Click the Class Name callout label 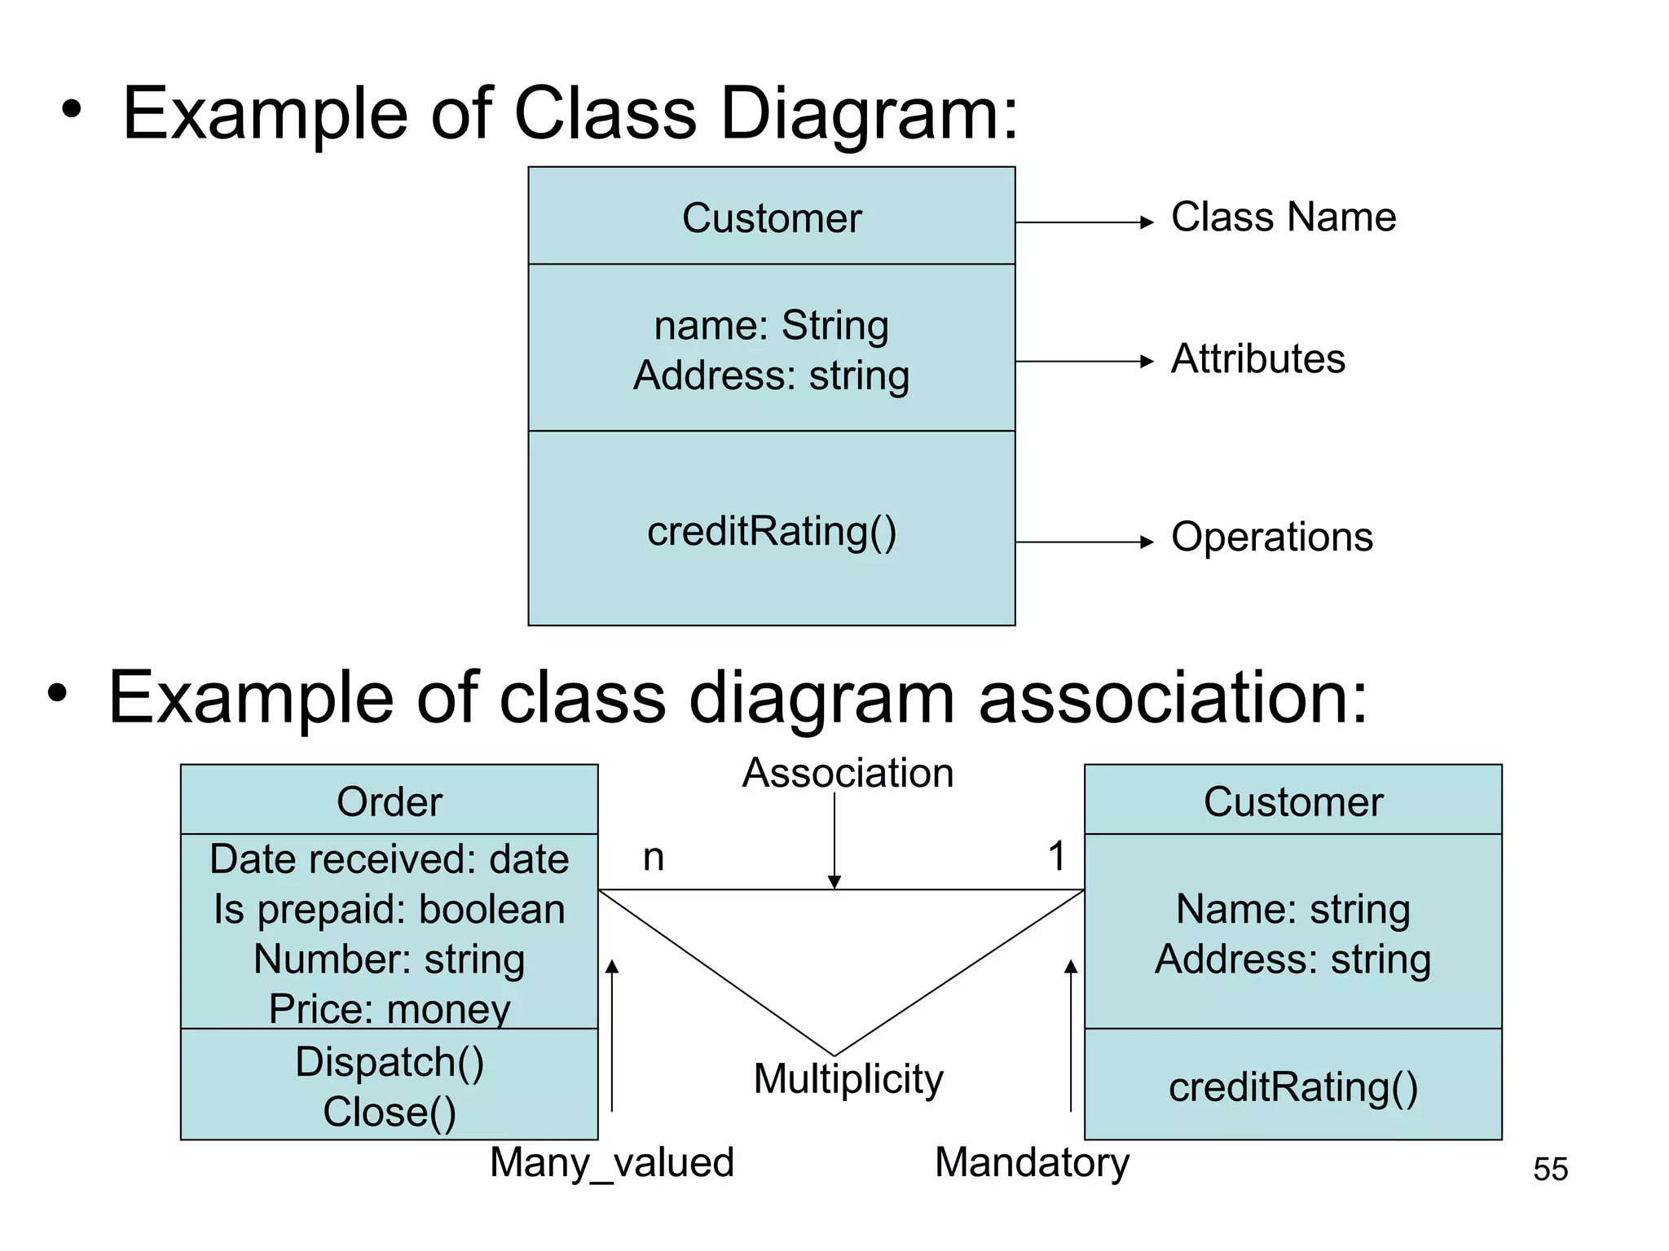click(1283, 217)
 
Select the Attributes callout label click(1257, 359)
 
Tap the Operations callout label click(1271, 538)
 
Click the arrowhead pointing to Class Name click(1147, 222)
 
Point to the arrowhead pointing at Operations click(1147, 542)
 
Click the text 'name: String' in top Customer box click(771, 326)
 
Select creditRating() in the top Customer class click(771, 532)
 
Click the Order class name click(389, 802)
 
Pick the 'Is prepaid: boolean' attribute click(389, 910)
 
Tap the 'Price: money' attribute click(389, 1009)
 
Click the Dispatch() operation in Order click(389, 1062)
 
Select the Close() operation click(389, 1113)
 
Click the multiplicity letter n click(654, 858)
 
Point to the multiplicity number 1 click(1056, 856)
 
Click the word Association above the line click(848, 773)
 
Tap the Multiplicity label click(848, 1079)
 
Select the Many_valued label click(611, 1162)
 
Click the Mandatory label click(1032, 1162)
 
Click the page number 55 click(1550, 1170)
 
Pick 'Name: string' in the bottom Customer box click(1292, 910)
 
